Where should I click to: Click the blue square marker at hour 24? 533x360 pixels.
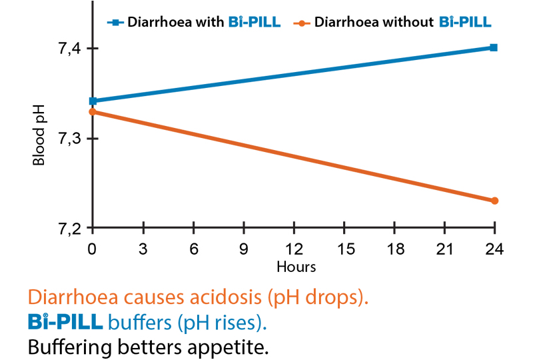point(494,47)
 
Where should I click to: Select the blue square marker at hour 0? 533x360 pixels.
point(93,101)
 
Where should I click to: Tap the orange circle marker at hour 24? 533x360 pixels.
point(494,201)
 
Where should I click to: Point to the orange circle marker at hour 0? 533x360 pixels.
point(93,112)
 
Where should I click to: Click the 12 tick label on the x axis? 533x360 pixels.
point(293,250)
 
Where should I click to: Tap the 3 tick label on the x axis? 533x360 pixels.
point(143,250)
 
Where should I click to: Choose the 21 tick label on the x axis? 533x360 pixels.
point(444,250)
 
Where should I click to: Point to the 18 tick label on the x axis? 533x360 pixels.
point(394,250)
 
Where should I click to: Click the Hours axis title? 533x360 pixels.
point(296,267)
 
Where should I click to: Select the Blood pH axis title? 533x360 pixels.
point(40,139)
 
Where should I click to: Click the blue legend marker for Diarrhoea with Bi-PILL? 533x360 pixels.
point(115,22)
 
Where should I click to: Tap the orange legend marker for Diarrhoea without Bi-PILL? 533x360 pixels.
point(302,22)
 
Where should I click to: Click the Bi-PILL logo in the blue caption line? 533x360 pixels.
point(65,322)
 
